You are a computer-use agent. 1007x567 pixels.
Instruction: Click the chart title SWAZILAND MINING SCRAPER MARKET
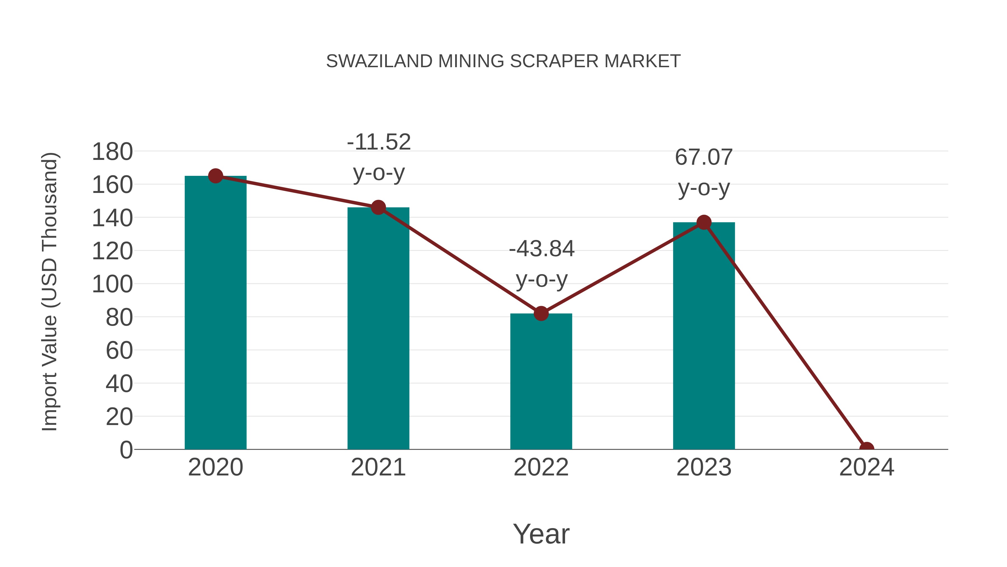point(503,61)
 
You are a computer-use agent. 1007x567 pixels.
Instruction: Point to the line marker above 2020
point(215,176)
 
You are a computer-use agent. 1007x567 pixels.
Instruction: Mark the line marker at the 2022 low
point(541,313)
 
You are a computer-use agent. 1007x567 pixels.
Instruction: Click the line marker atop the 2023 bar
point(704,223)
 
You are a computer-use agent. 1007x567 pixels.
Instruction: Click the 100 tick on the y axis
point(112,284)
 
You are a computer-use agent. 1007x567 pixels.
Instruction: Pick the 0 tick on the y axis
point(126,450)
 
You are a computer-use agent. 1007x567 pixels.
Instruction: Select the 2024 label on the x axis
point(866,468)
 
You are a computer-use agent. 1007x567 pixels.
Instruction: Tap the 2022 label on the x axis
point(541,468)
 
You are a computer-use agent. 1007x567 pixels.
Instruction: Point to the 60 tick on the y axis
point(119,351)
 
